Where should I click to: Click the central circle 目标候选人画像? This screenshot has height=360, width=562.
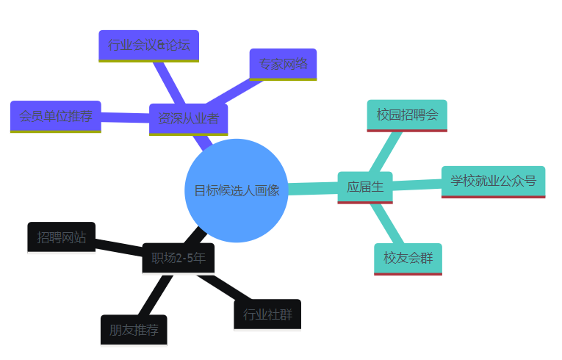click(236, 190)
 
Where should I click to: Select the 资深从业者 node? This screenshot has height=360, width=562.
click(188, 119)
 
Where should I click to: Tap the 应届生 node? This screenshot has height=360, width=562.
click(365, 187)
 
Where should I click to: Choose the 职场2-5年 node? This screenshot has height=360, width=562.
click(178, 258)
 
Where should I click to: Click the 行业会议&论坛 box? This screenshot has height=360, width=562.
click(148, 46)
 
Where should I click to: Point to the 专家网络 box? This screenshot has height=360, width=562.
click(283, 64)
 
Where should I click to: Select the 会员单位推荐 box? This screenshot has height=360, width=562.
click(55, 116)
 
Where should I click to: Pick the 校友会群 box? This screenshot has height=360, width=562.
click(408, 258)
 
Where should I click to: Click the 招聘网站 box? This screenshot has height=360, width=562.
click(61, 237)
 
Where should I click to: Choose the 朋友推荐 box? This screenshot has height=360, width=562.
click(134, 330)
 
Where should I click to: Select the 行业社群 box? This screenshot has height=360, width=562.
click(267, 315)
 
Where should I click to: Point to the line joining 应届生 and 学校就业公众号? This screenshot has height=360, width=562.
click(417, 184)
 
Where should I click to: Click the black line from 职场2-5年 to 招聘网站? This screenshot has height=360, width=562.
click(118, 247)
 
